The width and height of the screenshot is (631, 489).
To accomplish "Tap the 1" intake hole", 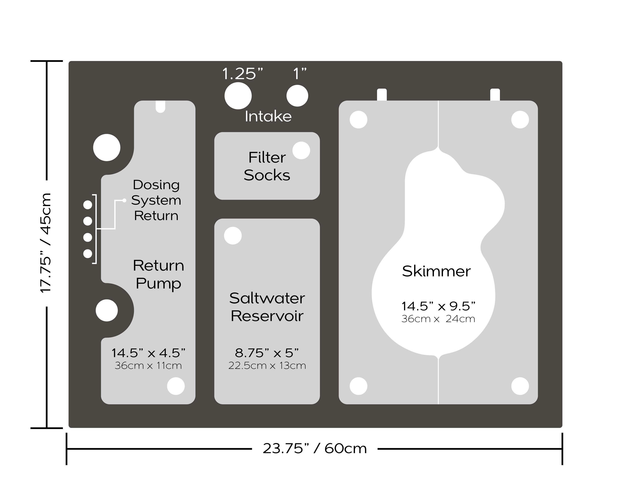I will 297,96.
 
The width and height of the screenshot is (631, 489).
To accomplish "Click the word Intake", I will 268,116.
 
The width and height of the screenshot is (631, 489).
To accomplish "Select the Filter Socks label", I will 267,167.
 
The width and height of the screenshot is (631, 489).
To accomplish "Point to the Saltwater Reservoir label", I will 267,307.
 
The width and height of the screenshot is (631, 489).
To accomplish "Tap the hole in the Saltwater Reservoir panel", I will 233,236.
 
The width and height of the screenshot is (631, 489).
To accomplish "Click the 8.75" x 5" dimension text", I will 267,353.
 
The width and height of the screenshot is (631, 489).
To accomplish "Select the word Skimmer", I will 436,271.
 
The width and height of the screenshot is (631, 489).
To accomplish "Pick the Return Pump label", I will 158,274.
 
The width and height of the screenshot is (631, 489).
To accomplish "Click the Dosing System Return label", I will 156,200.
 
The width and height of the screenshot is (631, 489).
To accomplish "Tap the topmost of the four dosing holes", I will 88,205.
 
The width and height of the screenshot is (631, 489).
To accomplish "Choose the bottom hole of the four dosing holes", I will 88,253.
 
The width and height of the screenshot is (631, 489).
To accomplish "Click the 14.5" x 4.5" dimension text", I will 148,353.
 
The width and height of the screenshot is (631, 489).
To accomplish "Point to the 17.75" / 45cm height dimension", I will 46,243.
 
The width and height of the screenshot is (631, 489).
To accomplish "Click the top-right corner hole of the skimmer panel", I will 520,119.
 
